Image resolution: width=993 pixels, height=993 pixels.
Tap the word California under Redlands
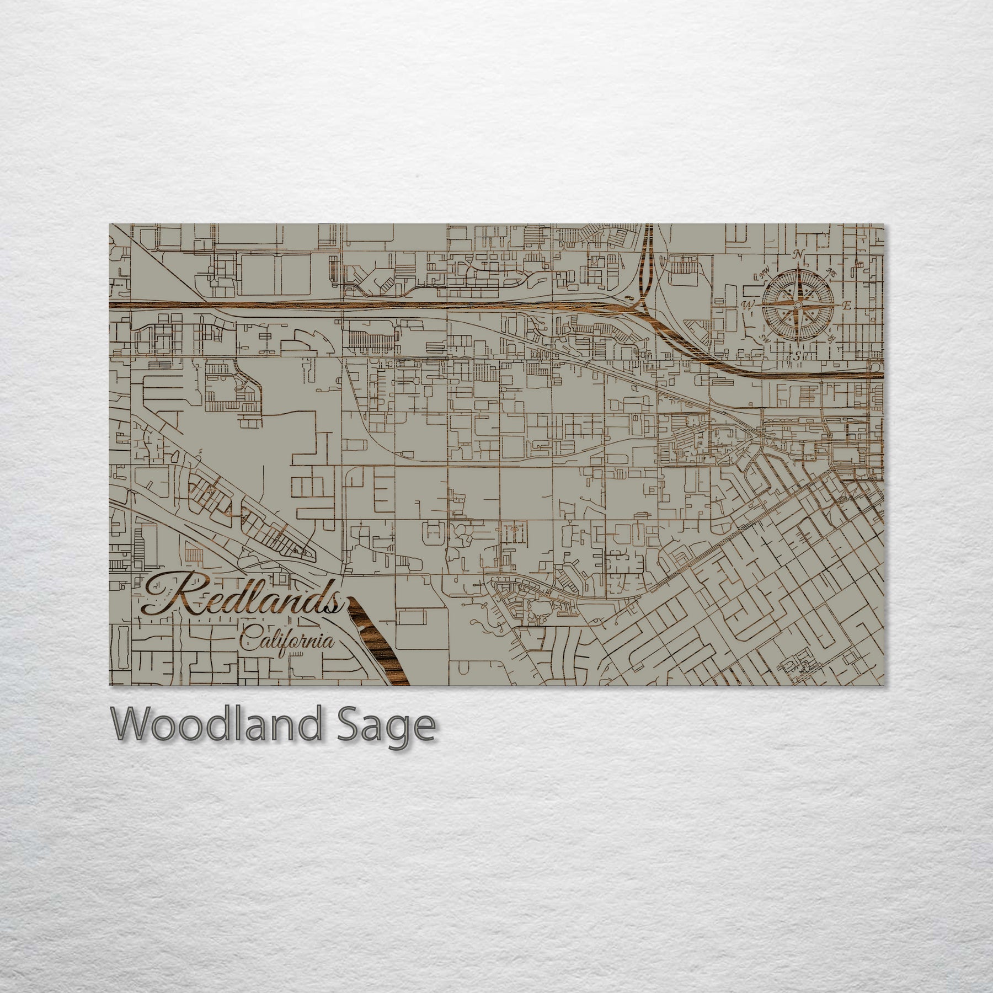pos(287,642)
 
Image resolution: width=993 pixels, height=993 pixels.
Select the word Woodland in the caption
pos(216,725)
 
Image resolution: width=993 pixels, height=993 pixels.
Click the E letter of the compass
pos(847,305)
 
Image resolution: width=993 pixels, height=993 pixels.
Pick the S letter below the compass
pos(797,356)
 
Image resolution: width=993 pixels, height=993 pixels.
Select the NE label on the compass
pos(831,274)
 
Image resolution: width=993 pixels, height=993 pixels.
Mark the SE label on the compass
pos(831,338)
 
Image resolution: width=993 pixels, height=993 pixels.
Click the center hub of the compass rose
pos(797,304)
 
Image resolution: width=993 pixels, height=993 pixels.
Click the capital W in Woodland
pos(135,725)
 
